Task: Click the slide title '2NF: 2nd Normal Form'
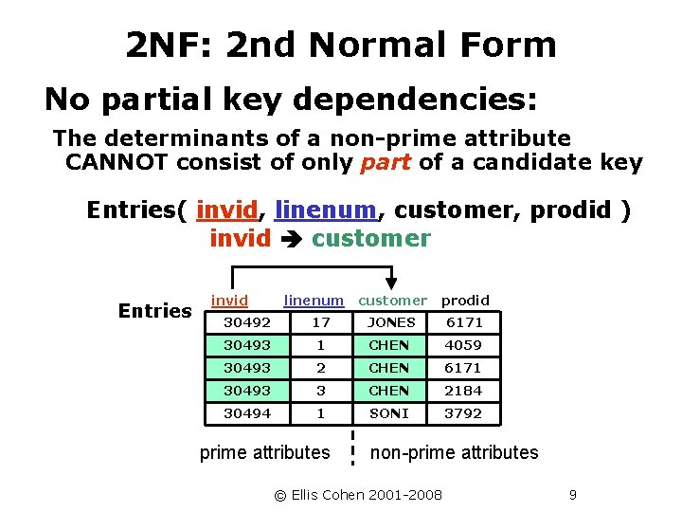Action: tap(340, 45)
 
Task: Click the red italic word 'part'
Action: tap(386, 162)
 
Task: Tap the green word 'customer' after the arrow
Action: tap(370, 238)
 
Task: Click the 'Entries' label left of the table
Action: tap(154, 311)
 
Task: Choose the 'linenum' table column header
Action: tap(314, 301)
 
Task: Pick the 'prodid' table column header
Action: tap(465, 301)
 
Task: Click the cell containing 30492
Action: tap(246, 322)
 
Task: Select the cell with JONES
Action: tap(390, 322)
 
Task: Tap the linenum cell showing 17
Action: tap(321, 322)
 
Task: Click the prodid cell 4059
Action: tap(463, 345)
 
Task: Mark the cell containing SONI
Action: tap(389, 413)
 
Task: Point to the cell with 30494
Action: tap(246, 413)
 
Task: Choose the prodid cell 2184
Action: tap(463, 391)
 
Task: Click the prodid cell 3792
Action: tap(463, 413)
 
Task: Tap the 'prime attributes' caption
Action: tap(264, 452)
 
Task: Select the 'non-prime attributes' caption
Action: tap(454, 452)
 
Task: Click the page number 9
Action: tap(572, 494)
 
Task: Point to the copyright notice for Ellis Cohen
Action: tap(358, 494)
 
